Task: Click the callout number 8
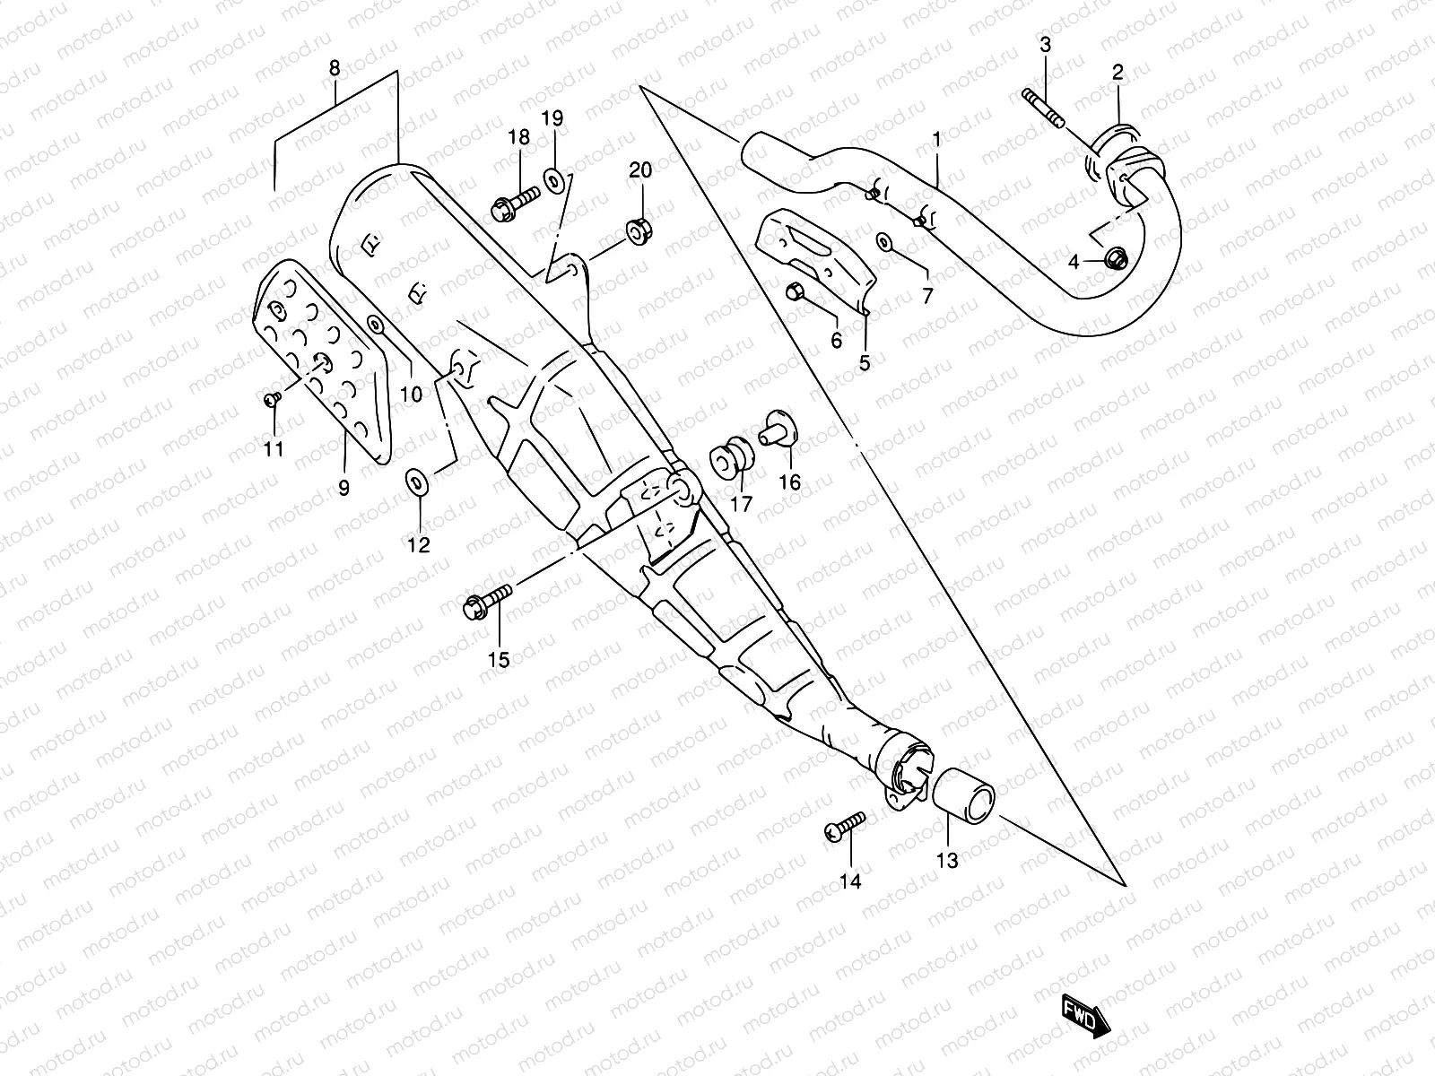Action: [335, 68]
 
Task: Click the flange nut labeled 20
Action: [640, 230]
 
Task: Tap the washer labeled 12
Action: [417, 481]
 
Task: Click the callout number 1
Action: [936, 139]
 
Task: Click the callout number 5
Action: [865, 363]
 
